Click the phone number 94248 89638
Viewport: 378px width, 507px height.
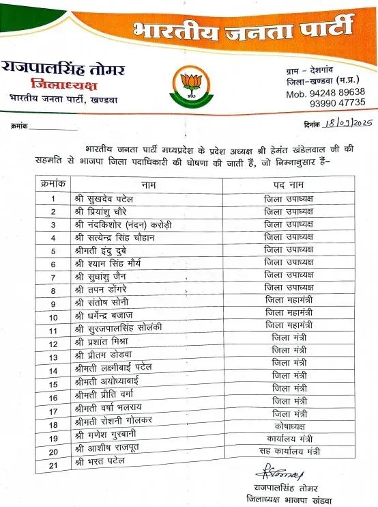(325, 92)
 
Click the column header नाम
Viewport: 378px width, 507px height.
(149, 166)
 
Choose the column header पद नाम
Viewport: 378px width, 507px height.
(289, 166)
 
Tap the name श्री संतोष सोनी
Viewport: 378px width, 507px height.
(101, 301)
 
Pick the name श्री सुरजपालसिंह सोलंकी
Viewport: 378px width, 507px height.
(117, 328)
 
